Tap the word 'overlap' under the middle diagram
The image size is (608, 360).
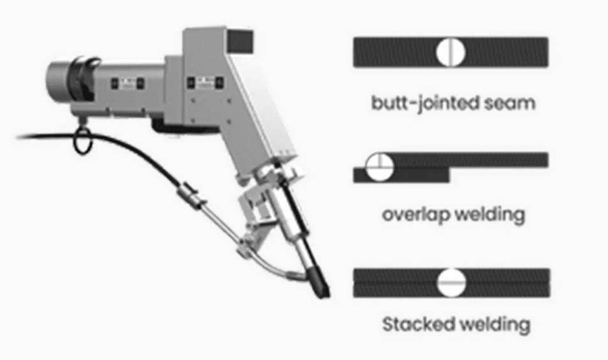(x=416, y=214)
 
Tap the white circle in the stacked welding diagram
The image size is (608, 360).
(x=451, y=282)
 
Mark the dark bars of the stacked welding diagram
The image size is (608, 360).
(x=510, y=282)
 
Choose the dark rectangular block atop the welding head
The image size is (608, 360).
(x=242, y=41)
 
